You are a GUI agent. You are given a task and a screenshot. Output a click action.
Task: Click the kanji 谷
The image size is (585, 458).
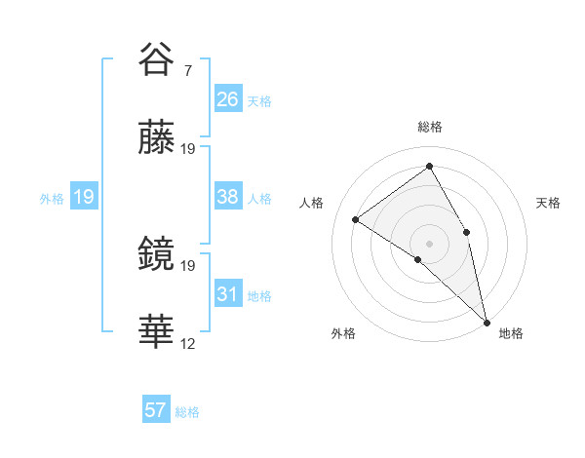click(158, 60)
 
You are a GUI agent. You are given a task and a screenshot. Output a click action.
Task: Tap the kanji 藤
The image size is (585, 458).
click(158, 141)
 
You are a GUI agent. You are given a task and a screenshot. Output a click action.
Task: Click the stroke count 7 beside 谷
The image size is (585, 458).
click(188, 71)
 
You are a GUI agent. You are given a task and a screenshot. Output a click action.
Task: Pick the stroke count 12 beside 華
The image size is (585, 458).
click(188, 343)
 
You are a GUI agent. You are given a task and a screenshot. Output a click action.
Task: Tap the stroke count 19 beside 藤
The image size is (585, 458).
click(188, 149)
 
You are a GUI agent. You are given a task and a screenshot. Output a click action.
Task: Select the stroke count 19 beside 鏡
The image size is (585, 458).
click(188, 265)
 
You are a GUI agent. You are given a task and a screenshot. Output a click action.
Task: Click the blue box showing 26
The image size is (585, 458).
click(227, 99)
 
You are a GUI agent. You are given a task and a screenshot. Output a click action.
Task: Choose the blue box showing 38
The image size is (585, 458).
click(227, 197)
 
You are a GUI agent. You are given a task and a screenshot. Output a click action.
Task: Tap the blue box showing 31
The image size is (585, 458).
click(227, 294)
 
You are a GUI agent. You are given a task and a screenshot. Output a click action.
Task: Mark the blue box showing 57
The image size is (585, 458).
click(156, 410)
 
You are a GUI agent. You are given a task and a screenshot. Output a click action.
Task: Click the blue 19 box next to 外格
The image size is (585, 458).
click(84, 197)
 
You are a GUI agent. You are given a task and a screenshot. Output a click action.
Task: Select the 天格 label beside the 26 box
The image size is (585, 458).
click(259, 100)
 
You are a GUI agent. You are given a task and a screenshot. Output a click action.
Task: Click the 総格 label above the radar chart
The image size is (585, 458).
click(430, 127)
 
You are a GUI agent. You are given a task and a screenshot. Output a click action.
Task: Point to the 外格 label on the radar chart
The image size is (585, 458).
click(343, 334)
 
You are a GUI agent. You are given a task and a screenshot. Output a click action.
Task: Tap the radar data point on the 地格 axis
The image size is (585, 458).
click(486, 321)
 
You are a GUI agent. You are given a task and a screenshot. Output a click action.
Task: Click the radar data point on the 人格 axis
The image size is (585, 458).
click(356, 219)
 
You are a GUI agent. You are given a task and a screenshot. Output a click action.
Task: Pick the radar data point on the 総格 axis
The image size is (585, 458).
click(430, 167)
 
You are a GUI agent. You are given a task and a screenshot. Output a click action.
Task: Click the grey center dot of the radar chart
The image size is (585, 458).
click(430, 243)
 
